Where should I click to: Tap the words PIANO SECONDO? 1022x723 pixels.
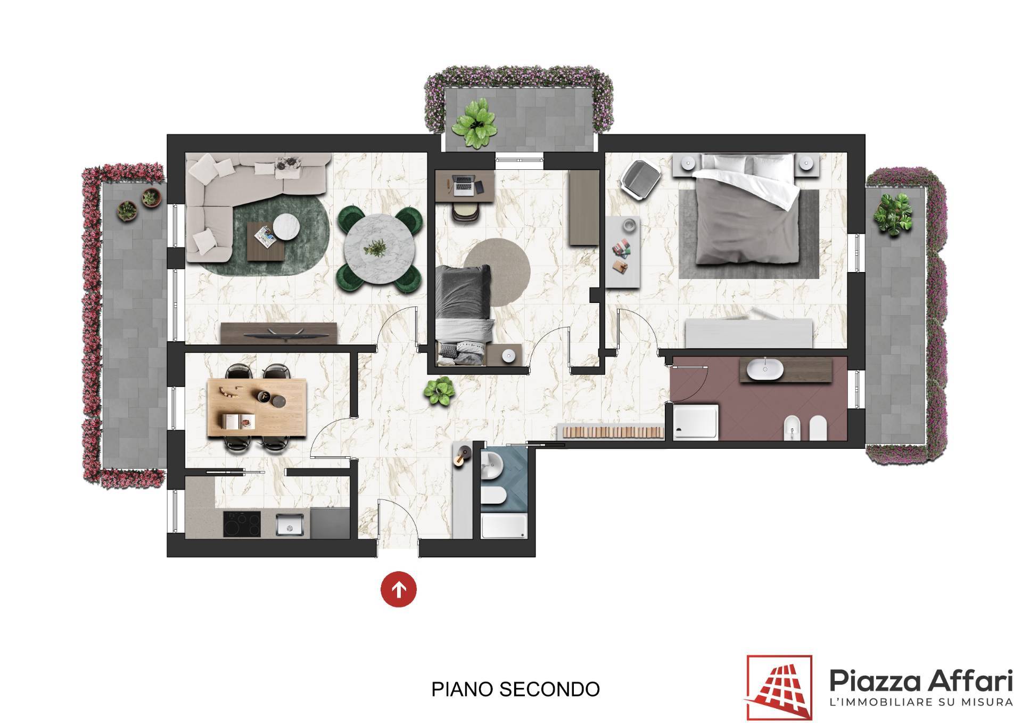515,689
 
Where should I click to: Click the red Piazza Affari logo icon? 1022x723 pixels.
779,687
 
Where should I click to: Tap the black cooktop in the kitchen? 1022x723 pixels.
242,524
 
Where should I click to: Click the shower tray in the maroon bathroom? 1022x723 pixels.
696,422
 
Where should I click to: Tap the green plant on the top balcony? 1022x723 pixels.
474,124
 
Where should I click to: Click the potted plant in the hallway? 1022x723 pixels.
439,391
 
